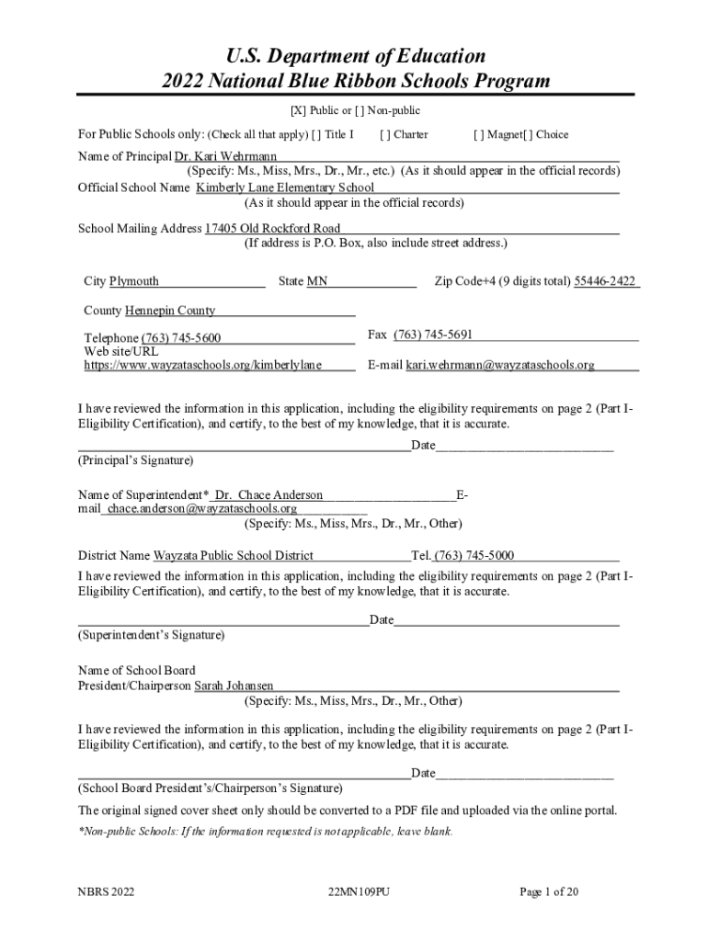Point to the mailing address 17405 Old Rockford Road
(272, 228)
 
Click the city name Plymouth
(134, 281)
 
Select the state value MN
(317, 281)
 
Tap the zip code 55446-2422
(605, 281)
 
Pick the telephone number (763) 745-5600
(180, 338)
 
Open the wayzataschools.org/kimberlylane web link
(202, 365)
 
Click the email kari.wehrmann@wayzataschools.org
(500, 365)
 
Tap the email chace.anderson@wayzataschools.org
(202, 508)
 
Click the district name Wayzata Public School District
(234, 555)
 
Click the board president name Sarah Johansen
(234, 686)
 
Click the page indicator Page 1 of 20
(549, 891)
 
